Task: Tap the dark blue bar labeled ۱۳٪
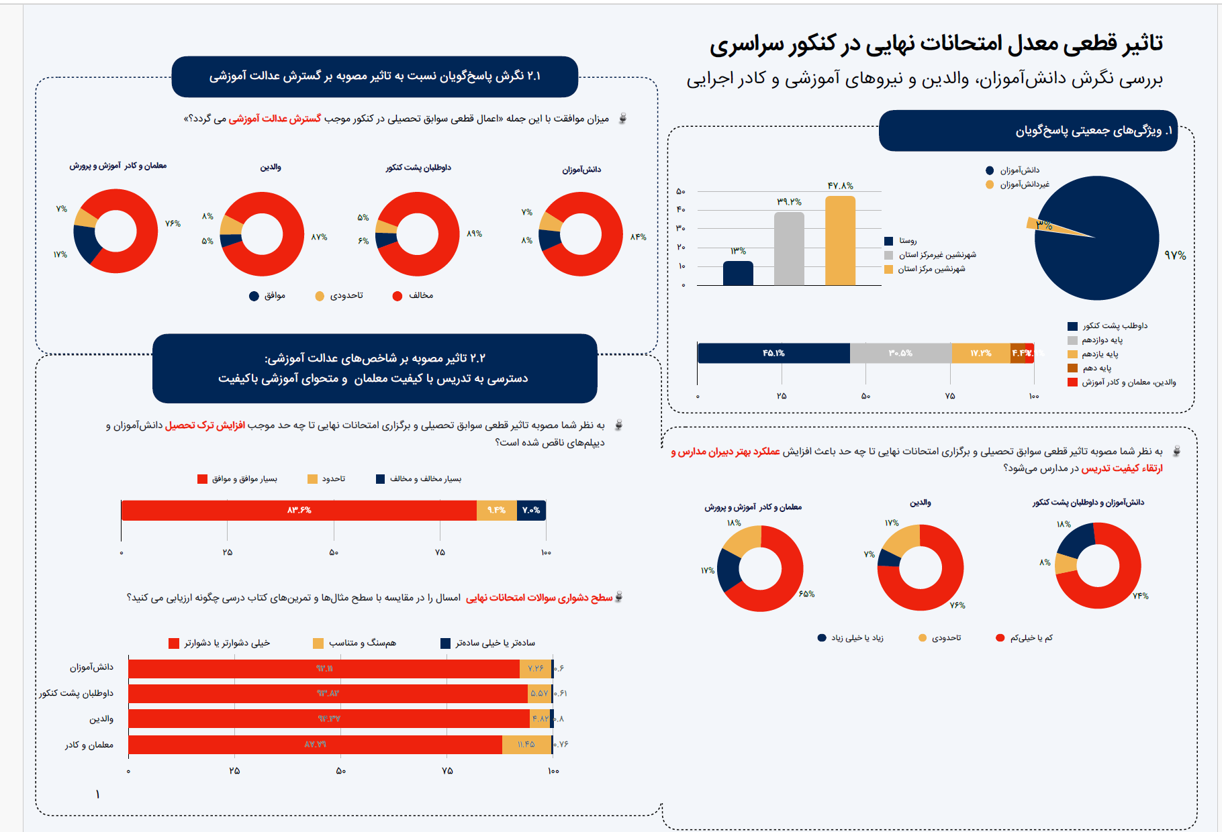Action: pyautogui.click(x=738, y=273)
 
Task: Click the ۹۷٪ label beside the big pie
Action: pyautogui.click(x=1175, y=256)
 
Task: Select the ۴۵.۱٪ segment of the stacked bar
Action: pyautogui.click(x=773, y=353)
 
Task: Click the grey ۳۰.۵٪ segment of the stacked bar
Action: pyautogui.click(x=900, y=353)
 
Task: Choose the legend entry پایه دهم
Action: pyautogui.click(x=1096, y=368)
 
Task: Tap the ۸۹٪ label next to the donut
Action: pyautogui.click(x=475, y=233)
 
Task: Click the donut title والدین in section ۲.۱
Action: pyautogui.click(x=271, y=167)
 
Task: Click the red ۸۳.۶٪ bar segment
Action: pyautogui.click(x=299, y=510)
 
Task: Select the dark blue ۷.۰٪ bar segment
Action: pyautogui.click(x=531, y=510)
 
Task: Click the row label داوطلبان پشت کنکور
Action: pyautogui.click(x=76, y=693)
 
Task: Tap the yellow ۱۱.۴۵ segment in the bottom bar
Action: pyautogui.click(x=526, y=744)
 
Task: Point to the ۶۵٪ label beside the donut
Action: pyautogui.click(x=806, y=594)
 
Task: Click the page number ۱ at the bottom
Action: pyautogui.click(x=97, y=794)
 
